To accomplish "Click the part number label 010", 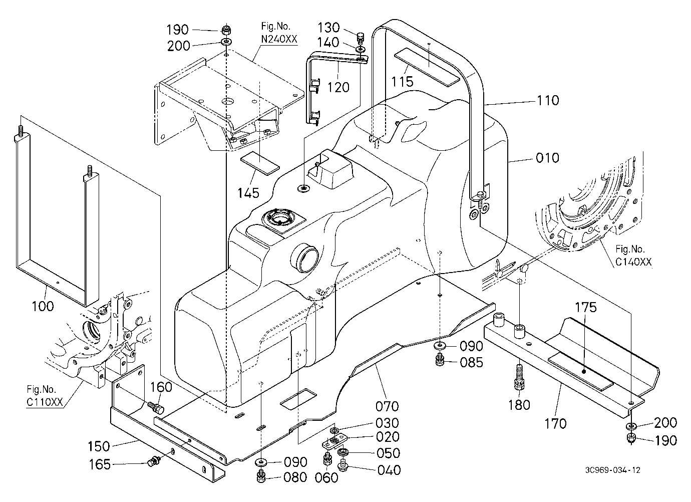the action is point(547,158).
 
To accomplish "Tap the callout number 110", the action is point(548,101).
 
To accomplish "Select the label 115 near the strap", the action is point(402,82).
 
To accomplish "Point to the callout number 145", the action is point(248,193).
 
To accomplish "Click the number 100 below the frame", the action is point(43,306).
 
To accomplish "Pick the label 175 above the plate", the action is point(586,308).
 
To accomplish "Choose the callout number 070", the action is point(387,406).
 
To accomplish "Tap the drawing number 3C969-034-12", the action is point(613,470).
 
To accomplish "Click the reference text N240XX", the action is point(279,39).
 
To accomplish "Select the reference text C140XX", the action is point(633,262).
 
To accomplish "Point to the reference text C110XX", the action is point(45,402).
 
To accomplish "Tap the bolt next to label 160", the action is point(157,407).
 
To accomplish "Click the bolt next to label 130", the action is point(360,38).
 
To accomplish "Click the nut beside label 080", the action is point(261,477).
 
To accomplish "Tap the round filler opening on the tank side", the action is point(304,258).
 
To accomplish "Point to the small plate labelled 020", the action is point(334,441).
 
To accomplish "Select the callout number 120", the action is point(338,87).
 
